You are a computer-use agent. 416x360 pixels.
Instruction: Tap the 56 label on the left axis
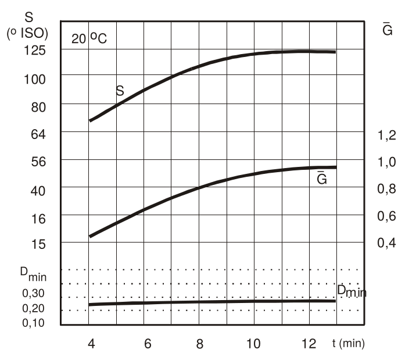click(37, 162)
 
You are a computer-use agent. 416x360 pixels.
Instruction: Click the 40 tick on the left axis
click(37, 190)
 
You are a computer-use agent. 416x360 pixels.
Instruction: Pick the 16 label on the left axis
click(37, 218)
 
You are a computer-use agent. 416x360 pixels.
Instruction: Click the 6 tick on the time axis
click(148, 343)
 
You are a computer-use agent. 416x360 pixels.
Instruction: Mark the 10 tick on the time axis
click(254, 343)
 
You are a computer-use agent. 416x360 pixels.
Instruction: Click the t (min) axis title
click(349, 343)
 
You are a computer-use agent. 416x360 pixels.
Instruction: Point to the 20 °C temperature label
click(89, 40)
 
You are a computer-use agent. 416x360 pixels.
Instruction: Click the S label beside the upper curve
click(120, 91)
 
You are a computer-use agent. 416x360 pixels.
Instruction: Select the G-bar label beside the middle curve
click(321, 179)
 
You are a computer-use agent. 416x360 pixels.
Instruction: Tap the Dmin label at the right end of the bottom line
click(352, 291)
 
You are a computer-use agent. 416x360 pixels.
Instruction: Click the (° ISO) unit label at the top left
click(27, 34)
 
